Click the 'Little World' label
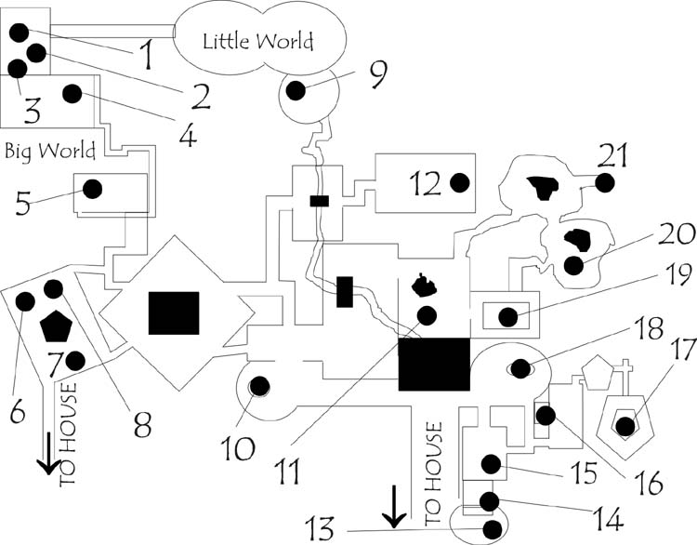257,41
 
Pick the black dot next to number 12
458,183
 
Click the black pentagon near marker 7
57,326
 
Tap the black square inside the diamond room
174,312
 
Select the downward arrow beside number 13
394,507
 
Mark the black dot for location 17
625,426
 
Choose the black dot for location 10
259,385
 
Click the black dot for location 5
92,189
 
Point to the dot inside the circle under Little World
296,90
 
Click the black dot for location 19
507,317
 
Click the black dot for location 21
605,183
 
